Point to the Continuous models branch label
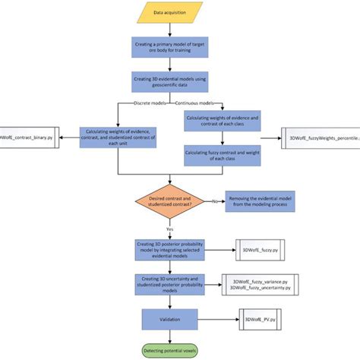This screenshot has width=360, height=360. (176, 103)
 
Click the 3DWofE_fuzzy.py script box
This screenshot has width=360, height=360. (258, 251)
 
